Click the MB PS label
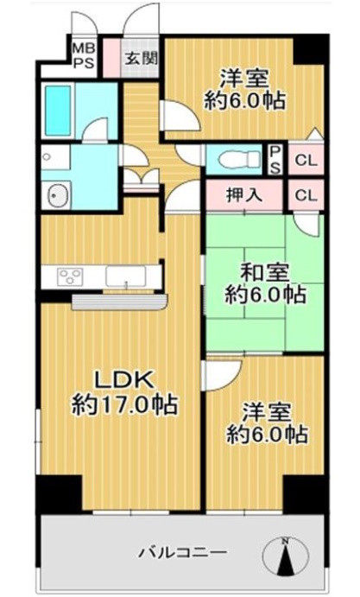tap(84, 55)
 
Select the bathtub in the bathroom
tap(58, 111)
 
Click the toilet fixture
tap(240, 159)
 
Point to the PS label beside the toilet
tap(275, 160)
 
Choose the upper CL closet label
tap(306, 161)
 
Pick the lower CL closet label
tap(306, 195)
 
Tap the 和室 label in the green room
tap(264, 273)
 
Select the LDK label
tap(124, 379)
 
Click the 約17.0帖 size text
tap(125, 404)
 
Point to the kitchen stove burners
tap(70, 276)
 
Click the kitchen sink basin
tap(125, 276)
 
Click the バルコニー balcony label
tap(183, 552)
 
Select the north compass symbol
tap(285, 556)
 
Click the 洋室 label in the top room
tap(244, 78)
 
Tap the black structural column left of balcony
tap(60, 494)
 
